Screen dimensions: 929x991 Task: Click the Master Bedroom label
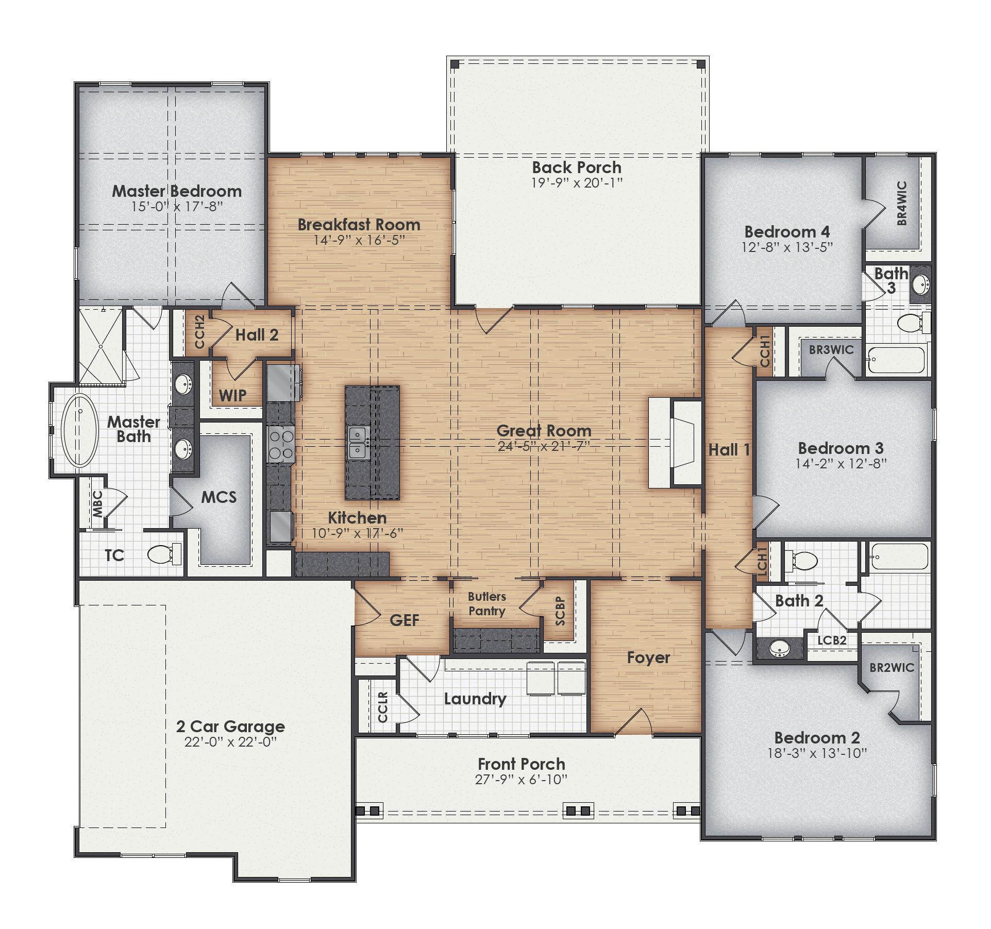177,191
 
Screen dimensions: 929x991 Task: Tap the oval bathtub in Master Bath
80,430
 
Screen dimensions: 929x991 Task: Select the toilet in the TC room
163,554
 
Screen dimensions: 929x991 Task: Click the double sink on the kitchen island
358,443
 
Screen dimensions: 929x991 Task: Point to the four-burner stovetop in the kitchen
281,445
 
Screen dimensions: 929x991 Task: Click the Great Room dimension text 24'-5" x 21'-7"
544,446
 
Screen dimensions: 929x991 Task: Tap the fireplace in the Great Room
683,443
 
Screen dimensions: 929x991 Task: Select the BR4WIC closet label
901,203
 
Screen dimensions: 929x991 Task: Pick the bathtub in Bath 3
897,360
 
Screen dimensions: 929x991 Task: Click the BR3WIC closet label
831,350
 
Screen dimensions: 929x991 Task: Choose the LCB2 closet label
832,640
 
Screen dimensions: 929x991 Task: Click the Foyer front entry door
633,722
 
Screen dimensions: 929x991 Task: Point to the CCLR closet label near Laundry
382,707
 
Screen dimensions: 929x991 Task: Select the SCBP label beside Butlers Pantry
560,611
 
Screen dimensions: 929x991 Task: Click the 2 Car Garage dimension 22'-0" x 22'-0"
230,742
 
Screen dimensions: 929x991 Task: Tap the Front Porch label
521,764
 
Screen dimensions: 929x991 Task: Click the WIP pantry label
232,396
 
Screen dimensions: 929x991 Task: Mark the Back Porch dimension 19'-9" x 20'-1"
577,183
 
